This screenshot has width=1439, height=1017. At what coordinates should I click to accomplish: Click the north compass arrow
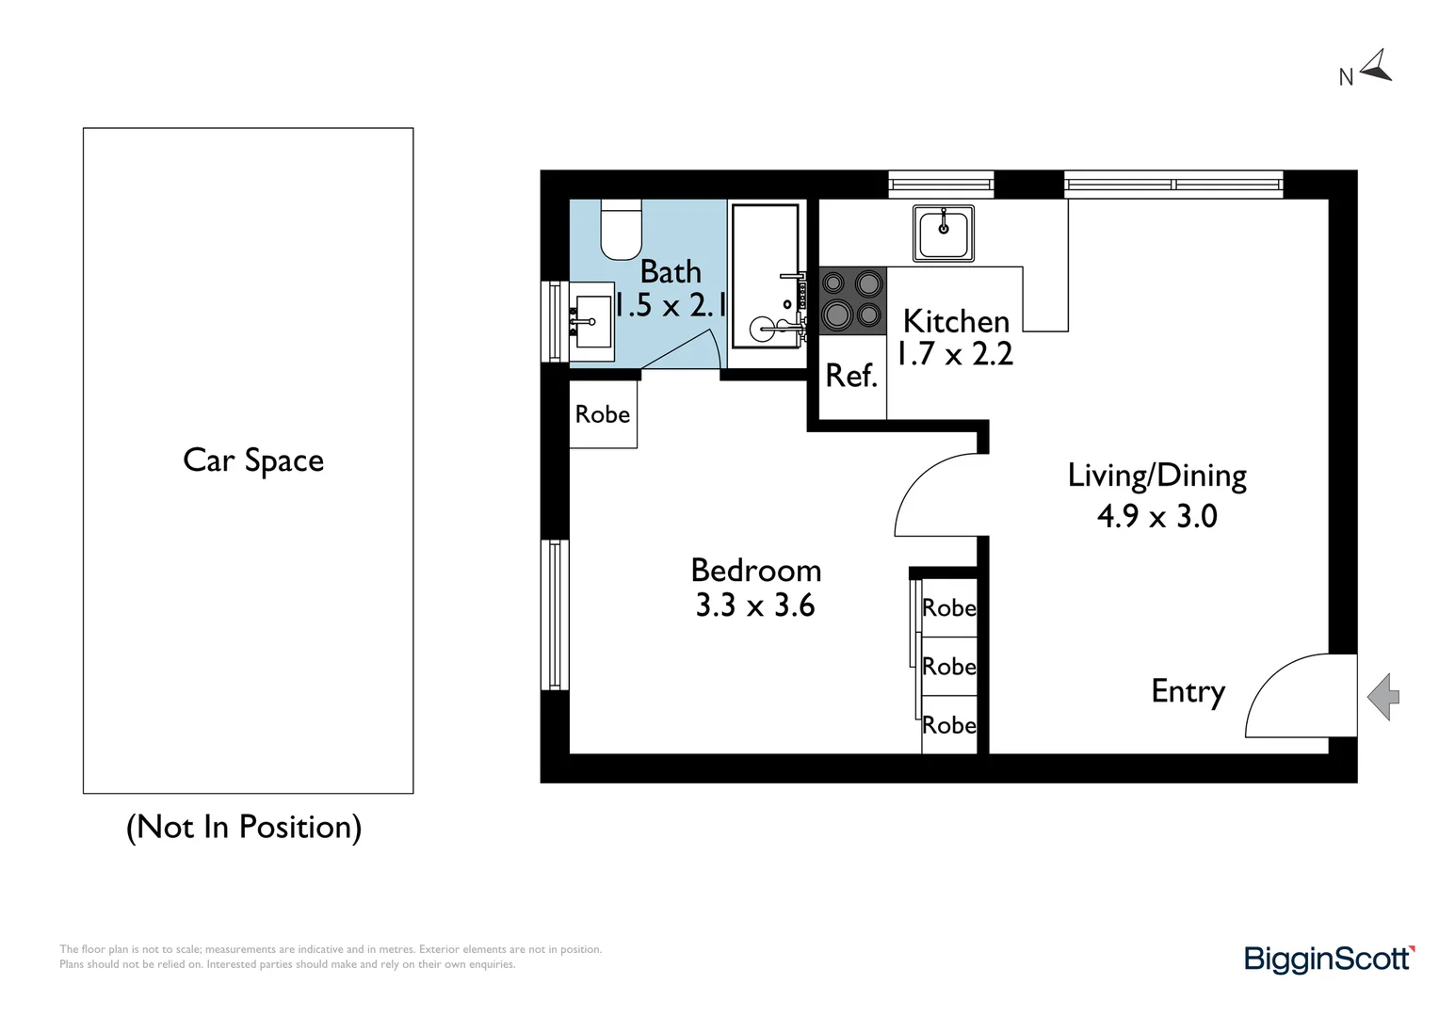tap(1376, 66)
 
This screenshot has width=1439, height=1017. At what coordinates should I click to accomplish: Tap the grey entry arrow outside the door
tap(1383, 698)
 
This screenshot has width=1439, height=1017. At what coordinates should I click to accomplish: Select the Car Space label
tap(253, 460)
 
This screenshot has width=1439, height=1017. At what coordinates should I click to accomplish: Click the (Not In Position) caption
tap(244, 827)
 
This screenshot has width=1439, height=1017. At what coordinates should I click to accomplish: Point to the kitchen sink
tap(943, 233)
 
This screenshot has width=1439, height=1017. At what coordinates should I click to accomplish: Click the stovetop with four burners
tap(852, 301)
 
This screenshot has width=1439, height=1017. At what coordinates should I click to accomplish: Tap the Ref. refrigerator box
tap(851, 377)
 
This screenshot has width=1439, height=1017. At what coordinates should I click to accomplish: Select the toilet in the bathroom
tap(621, 230)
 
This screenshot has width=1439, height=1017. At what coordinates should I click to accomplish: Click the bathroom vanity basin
tap(592, 321)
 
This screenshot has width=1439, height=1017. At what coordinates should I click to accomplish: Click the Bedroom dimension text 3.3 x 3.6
tap(755, 605)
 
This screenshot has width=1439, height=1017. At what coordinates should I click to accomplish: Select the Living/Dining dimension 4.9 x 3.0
tap(1156, 516)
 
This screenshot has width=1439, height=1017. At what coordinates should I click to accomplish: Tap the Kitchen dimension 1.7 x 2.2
tap(955, 354)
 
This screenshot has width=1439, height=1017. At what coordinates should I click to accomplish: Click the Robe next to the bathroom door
tap(603, 414)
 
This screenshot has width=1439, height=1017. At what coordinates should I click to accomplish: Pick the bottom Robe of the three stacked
tap(948, 725)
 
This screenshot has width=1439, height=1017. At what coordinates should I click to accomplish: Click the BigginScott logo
tap(1329, 959)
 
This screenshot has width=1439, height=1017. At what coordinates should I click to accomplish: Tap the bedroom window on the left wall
tap(555, 615)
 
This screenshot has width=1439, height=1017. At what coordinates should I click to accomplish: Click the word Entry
tap(1188, 692)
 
